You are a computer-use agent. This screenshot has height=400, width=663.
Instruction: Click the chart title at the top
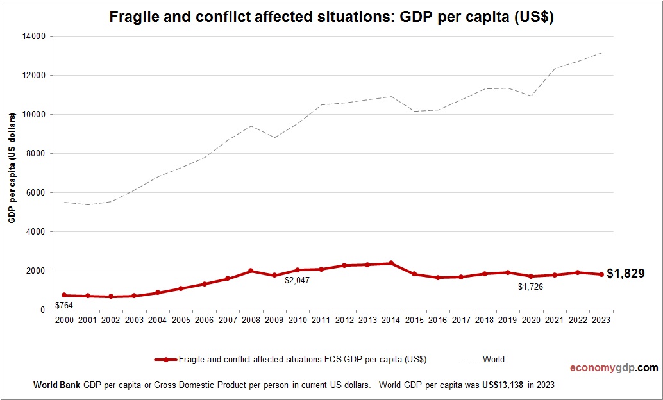coord(331,17)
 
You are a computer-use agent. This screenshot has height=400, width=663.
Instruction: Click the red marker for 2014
coord(391,263)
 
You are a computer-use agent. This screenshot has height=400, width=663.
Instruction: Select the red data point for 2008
coord(251,271)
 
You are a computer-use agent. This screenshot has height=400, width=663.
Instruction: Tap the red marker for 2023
coord(601,274)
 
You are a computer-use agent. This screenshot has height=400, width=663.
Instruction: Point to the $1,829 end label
coord(626,274)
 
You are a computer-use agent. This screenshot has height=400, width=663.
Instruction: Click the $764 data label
coord(64,305)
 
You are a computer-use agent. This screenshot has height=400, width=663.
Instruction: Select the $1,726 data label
coord(530,287)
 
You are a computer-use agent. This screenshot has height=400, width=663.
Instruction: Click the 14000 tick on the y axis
coord(34,37)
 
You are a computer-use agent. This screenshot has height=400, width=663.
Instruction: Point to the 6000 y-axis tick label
coord(36,192)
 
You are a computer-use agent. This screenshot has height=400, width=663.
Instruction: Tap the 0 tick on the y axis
coord(42,310)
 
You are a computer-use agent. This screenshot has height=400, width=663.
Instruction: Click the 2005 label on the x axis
coord(181,320)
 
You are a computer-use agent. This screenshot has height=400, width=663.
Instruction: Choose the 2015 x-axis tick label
coord(414,320)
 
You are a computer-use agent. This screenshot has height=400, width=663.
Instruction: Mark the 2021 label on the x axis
coord(555,320)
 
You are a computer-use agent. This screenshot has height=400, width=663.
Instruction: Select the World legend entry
coord(494,360)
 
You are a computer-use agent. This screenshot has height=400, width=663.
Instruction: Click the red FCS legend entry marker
coord(166,360)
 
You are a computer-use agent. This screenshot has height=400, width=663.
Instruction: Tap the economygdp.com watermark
coord(614,368)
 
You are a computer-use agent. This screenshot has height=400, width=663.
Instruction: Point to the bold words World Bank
coord(56,385)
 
